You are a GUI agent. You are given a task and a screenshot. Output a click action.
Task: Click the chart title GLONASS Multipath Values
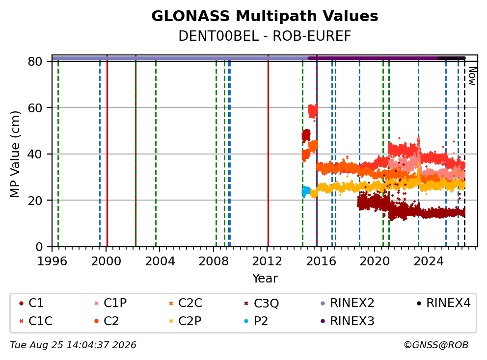(x=265, y=16)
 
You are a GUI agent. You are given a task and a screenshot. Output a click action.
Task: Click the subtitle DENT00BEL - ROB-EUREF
(x=265, y=36)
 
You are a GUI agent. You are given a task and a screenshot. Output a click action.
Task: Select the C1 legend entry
(x=31, y=303)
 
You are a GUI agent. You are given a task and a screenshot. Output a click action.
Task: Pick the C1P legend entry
(x=111, y=303)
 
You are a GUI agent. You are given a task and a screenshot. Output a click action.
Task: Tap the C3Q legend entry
(x=262, y=303)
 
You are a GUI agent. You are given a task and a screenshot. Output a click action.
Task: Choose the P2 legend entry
(x=256, y=321)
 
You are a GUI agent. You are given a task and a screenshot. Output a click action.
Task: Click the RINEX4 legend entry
(x=444, y=303)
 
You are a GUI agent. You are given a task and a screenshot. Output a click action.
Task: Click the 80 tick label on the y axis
(x=35, y=61)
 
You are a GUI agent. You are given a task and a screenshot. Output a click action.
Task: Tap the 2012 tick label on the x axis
(x=267, y=261)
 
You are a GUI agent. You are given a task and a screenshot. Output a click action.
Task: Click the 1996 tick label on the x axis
(x=52, y=261)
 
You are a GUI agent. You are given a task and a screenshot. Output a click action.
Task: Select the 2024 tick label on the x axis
(x=428, y=261)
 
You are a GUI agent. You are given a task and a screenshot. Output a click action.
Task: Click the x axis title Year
(x=265, y=279)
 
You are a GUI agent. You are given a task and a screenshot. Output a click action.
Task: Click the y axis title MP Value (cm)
(x=15, y=154)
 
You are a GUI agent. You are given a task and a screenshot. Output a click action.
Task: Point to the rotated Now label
(x=472, y=77)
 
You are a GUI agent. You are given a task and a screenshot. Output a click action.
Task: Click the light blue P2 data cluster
(x=306, y=191)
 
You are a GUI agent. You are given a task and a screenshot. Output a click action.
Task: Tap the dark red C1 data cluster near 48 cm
(x=306, y=135)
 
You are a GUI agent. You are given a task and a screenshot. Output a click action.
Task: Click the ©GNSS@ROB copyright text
(x=436, y=345)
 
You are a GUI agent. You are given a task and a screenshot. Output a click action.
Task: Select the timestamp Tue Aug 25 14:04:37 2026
(x=73, y=345)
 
